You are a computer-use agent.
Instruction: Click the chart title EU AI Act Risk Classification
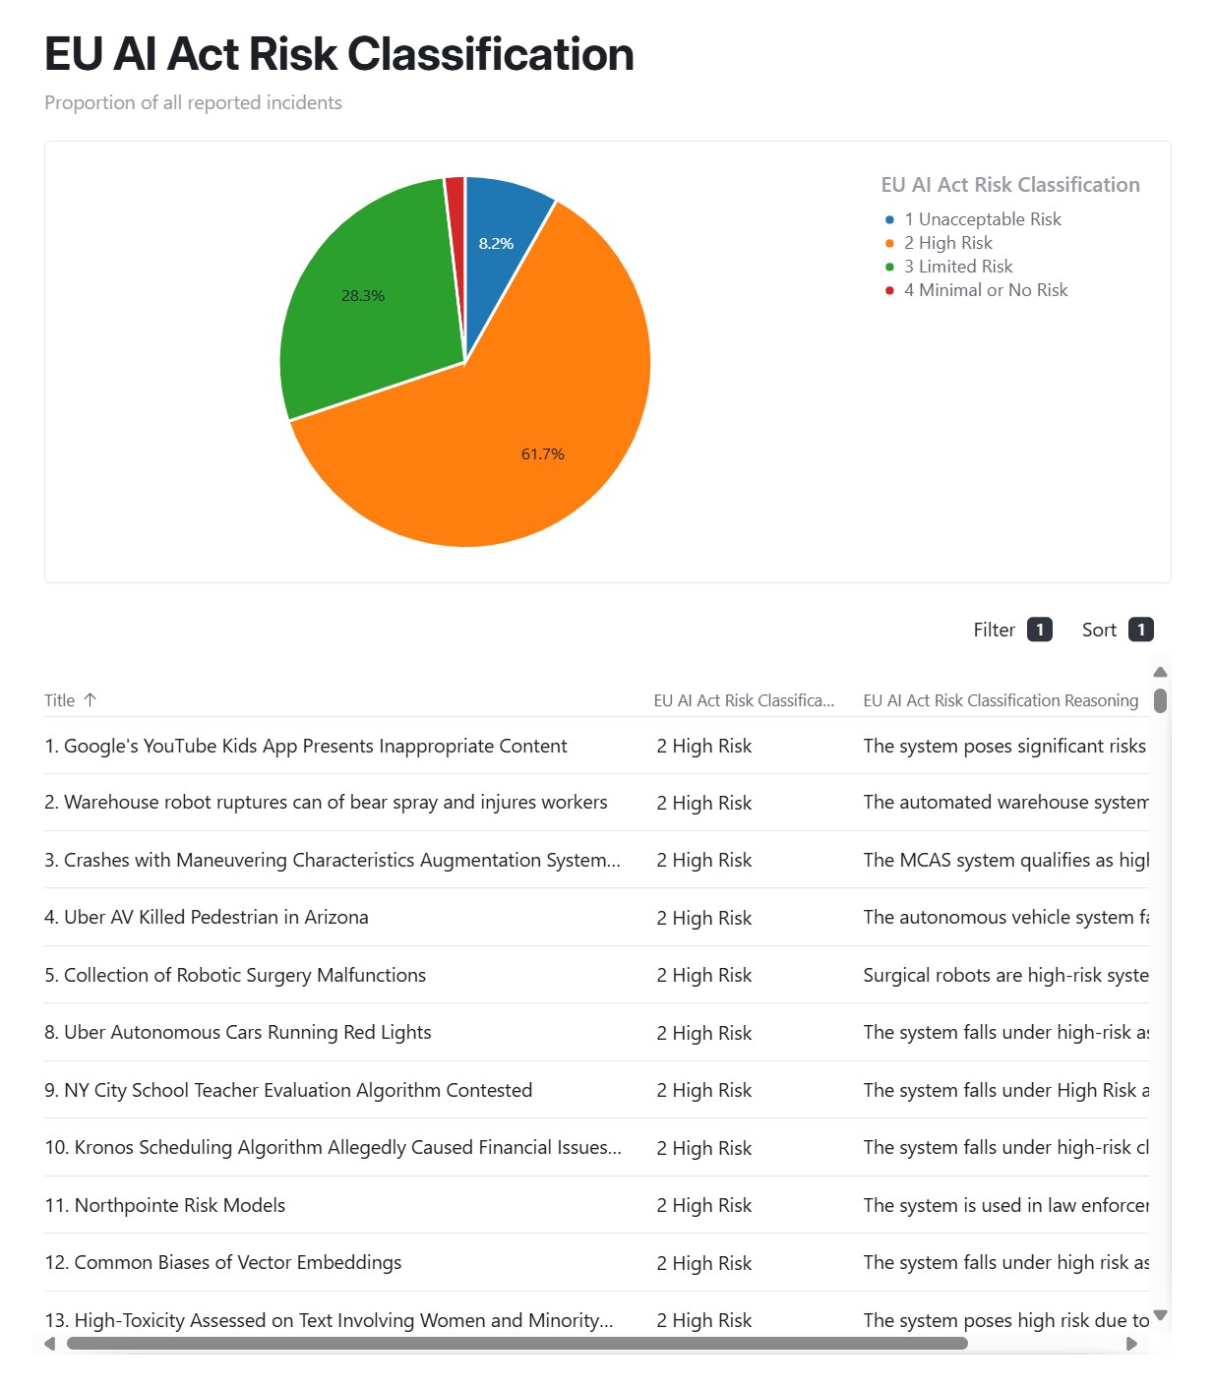pos(338,55)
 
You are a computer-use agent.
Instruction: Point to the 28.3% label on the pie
pos(363,295)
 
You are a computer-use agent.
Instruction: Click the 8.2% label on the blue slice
pos(496,243)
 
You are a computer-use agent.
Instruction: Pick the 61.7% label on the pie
pos(542,453)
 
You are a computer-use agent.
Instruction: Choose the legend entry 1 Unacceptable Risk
pos(982,219)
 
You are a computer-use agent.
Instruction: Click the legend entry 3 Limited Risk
pos(957,267)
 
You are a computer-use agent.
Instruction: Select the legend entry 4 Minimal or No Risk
pos(985,290)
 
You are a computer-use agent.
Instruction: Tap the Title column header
pos(59,700)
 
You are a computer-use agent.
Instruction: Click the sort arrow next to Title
pos(91,699)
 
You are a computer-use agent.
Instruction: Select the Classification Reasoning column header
pos(1000,700)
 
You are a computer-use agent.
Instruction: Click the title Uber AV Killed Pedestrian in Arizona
pos(215,917)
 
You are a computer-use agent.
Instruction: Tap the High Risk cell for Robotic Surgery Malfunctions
pos(703,975)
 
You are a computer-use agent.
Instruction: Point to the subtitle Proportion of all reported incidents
pos(193,103)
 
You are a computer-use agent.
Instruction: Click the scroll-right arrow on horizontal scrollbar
pos(1131,1344)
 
